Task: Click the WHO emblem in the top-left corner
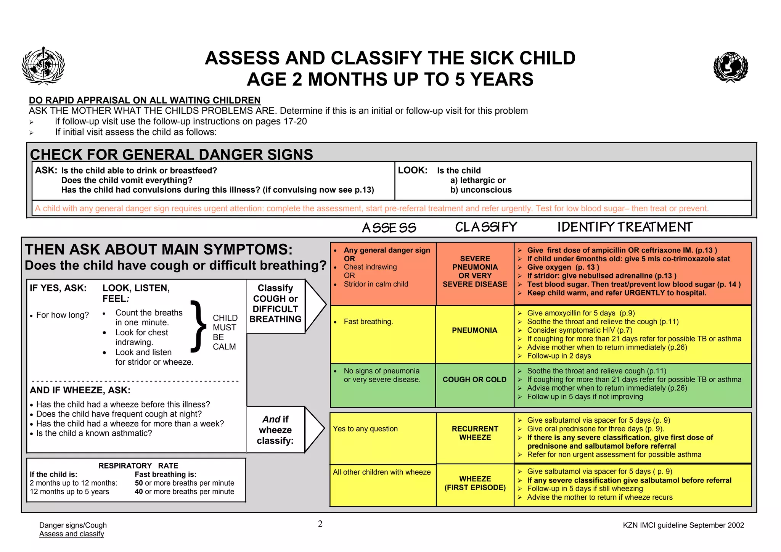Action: [43, 66]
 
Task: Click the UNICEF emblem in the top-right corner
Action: [730, 67]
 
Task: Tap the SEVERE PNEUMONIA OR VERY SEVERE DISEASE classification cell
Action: [475, 271]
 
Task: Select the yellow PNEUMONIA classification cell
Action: [474, 330]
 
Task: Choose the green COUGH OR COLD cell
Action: [474, 380]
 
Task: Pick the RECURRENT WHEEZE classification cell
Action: [475, 433]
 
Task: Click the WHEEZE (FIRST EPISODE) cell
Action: [475, 483]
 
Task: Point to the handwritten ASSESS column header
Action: [389, 228]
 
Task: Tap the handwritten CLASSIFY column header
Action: [486, 227]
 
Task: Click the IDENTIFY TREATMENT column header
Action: [625, 227]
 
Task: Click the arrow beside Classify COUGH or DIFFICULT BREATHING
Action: [315, 305]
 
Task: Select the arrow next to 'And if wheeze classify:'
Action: [315, 430]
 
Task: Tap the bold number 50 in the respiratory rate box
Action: [139, 483]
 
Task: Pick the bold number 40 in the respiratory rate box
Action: [139, 492]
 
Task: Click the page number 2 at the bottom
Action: [320, 524]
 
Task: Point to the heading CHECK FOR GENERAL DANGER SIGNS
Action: [171, 154]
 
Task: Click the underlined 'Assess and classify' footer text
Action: [72, 534]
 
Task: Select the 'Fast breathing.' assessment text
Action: [368, 322]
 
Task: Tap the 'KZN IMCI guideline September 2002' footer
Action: [683, 525]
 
